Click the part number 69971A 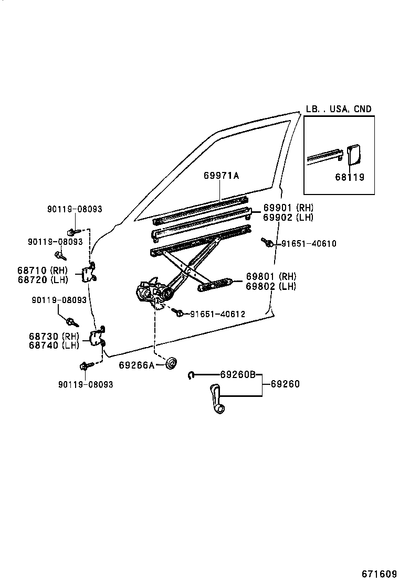click(x=221, y=176)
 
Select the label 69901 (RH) click(x=288, y=208)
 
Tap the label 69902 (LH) click(x=288, y=217)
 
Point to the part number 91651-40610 click(x=309, y=243)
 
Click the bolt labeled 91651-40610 click(x=267, y=242)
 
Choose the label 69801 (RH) click(x=270, y=277)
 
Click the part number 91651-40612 click(x=217, y=314)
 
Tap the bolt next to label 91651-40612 click(x=178, y=312)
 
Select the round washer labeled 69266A click(x=171, y=363)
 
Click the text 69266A click(x=136, y=365)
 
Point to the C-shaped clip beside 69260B click(x=192, y=374)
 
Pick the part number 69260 click(x=285, y=384)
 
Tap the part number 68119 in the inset click(x=349, y=177)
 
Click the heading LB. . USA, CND click(x=339, y=109)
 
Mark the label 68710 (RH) click(x=43, y=270)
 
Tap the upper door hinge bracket click(x=89, y=273)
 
